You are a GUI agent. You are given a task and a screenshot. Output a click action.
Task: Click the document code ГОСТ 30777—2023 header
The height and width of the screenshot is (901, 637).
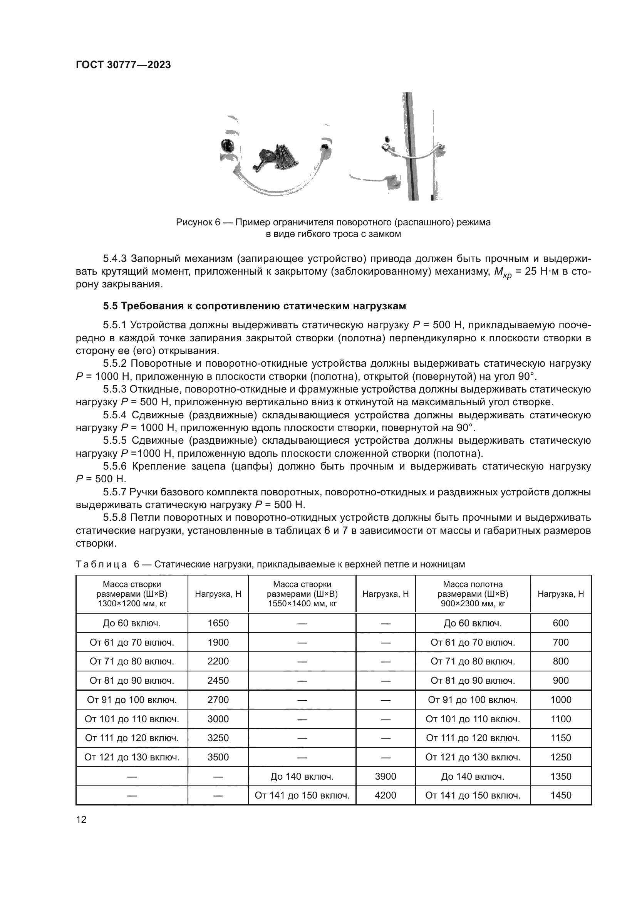[123, 65]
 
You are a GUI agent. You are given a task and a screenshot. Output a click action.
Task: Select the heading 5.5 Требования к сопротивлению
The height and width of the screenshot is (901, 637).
[255, 306]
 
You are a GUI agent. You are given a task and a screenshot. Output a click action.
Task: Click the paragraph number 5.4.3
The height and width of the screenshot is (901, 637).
[115, 258]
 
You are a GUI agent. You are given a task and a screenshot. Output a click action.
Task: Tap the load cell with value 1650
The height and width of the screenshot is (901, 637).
[218, 623]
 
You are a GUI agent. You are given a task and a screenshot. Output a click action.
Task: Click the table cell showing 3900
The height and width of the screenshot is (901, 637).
[385, 776]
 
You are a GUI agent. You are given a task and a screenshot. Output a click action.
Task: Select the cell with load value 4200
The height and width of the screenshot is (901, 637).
[385, 795]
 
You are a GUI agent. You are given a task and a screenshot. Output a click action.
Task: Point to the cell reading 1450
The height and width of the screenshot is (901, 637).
[560, 795]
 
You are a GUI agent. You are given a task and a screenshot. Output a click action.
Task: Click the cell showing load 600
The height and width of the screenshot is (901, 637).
[560, 623]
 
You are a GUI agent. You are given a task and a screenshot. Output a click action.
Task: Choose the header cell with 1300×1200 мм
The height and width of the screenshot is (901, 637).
[132, 594]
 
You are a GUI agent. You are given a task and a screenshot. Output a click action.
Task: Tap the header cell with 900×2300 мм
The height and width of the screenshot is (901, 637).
[473, 594]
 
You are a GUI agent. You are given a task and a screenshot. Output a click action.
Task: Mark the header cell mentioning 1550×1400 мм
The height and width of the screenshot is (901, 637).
[302, 594]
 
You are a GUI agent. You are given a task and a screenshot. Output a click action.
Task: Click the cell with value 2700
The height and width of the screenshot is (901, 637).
[218, 700]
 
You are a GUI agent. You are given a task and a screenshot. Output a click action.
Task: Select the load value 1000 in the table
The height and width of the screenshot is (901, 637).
[560, 700]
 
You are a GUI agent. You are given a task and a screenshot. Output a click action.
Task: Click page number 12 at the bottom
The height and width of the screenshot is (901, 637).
[81, 819]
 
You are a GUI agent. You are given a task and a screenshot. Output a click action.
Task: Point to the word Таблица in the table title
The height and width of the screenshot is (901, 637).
[101, 564]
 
